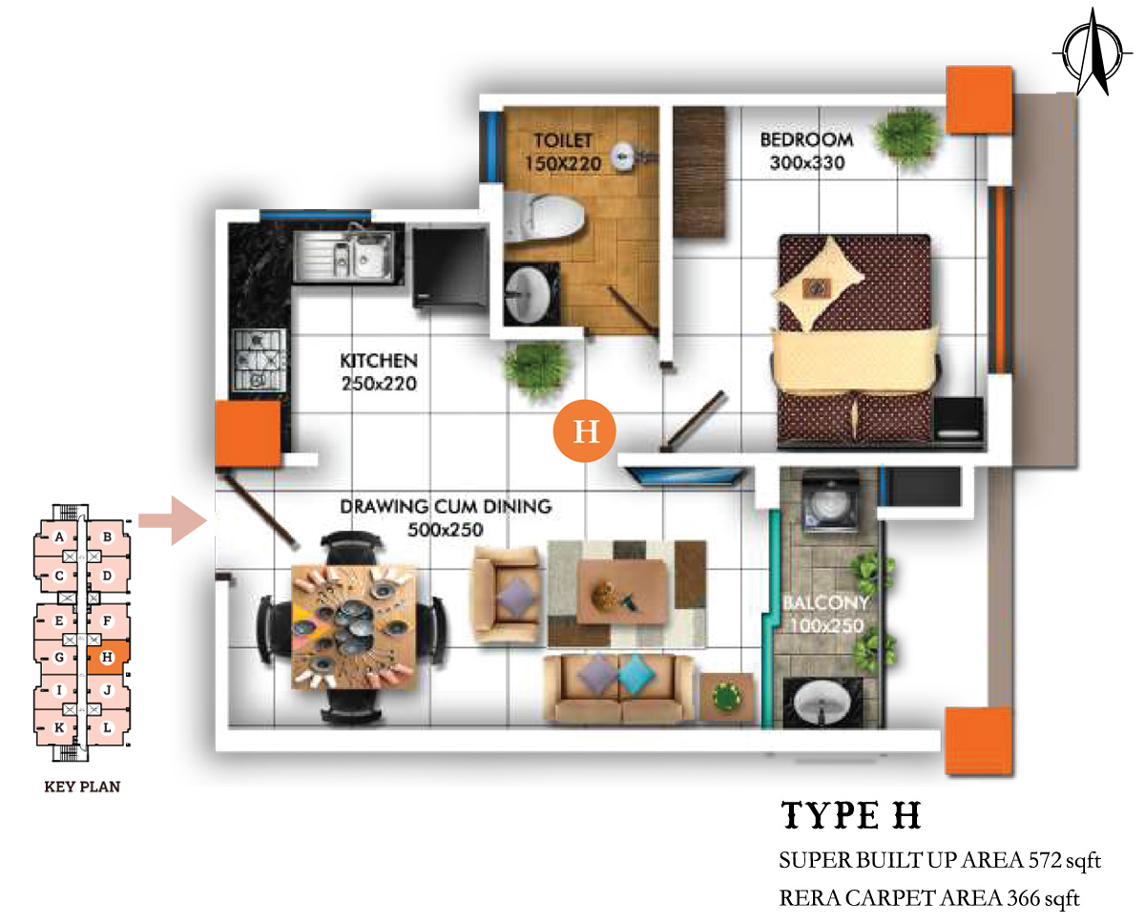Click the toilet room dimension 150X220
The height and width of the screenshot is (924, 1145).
pos(563,163)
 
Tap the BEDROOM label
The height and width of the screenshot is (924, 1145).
pos(806,140)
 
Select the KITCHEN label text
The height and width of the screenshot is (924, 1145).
pos(379,360)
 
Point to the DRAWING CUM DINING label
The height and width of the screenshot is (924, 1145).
pos(446,506)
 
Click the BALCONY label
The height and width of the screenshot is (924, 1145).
pos(825,602)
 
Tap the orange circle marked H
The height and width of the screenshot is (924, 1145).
pos(585,431)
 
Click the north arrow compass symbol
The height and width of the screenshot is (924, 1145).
pos(1093,53)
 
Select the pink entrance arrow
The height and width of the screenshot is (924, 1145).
pos(173,520)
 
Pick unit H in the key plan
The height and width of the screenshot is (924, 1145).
pos(108,658)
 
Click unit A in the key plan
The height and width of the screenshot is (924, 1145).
pos(59,536)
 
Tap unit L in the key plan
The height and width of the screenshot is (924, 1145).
pos(108,727)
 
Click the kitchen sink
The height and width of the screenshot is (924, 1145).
pos(344,254)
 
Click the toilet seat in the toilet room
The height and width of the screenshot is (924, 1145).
pos(543,217)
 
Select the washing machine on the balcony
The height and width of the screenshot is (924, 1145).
pos(830,503)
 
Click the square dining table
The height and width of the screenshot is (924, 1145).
pos(354,627)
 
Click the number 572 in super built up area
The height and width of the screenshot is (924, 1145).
pos(1045,861)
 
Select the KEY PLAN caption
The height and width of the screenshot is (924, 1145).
pos(82,787)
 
